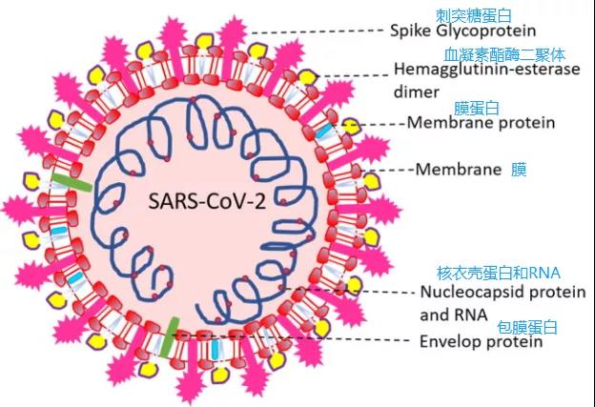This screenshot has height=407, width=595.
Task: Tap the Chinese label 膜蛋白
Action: (x=478, y=107)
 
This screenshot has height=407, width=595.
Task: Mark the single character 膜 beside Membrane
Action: (x=519, y=170)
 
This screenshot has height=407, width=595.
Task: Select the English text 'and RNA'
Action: (x=454, y=314)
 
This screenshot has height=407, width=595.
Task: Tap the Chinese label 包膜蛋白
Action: (x=526, y=326)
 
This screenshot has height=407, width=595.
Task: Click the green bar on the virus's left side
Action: (x=72, y=183)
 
